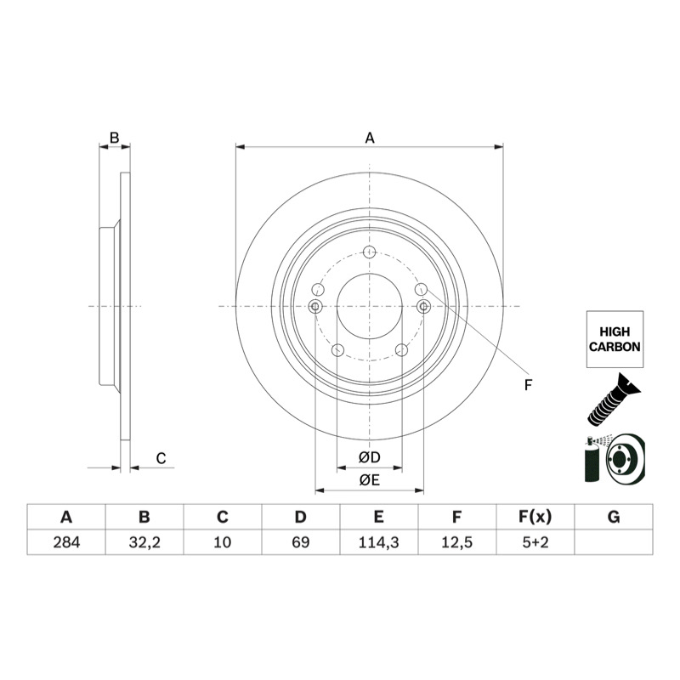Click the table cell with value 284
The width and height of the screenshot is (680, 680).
pos(66,542)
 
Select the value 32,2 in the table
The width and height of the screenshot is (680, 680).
pos(144,542)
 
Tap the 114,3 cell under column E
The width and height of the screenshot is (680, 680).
pos(378,542)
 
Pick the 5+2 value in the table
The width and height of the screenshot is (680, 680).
pos(535,542)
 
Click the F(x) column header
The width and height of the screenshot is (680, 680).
pos(535,517)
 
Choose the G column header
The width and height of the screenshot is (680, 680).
pos(614,517)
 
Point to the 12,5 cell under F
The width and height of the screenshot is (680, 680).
pos(457,542)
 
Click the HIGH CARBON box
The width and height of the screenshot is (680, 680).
pos(615,339)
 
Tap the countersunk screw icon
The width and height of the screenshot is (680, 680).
pos(614,399)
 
